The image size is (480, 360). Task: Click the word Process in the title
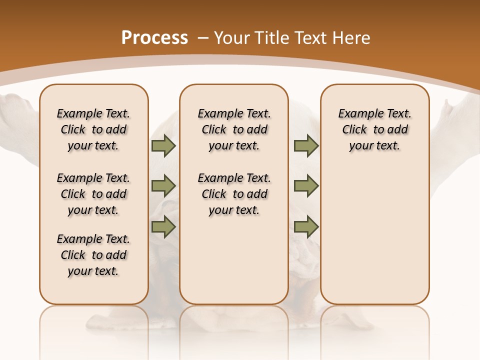154,37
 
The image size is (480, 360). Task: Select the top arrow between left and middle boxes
163,145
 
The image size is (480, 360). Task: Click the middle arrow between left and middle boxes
163,186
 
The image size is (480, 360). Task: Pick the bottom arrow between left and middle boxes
163,226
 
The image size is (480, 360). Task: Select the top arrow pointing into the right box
306,145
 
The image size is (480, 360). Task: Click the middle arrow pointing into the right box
306,186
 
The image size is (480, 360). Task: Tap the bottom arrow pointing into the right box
306,226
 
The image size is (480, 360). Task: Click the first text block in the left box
93,129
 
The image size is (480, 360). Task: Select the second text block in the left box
93,194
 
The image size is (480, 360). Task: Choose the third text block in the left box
93,255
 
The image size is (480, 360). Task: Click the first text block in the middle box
234,129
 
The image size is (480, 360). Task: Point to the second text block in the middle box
234,194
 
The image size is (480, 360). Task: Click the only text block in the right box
374,129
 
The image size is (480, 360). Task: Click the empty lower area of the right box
374,240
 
